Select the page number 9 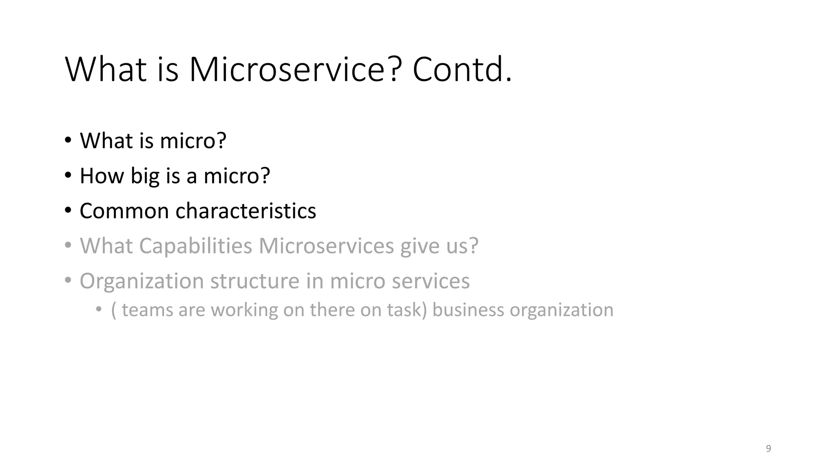click(x=768, y=448)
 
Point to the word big click(x=145, y=176)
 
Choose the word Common click(x=124, y=211)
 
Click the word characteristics click(x=245, y=211)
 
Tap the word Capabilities click(x=195, y=246)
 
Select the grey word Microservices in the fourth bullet click(x=326, y=246)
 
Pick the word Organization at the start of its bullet click(x=141, y=281)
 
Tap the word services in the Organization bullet click(x=431, y=281)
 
